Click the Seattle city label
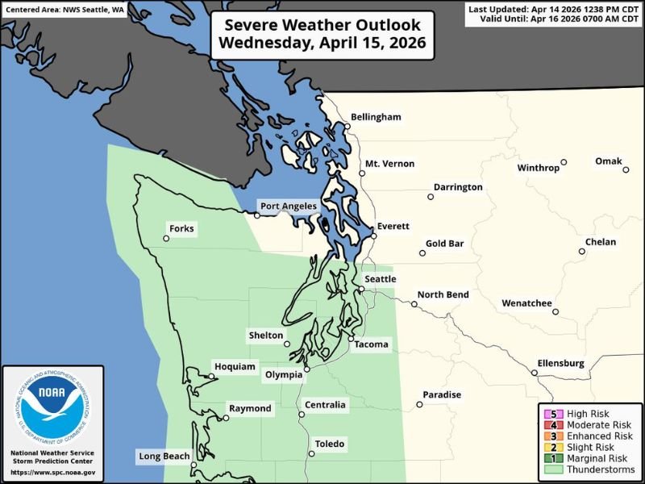click(x=381, y=279)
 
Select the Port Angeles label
click(x=288, y=207)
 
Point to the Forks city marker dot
click(x=166, y=238)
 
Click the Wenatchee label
click(x=526, y=303)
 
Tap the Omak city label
click(x=609, y=161)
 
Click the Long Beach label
click(x=164, y=457)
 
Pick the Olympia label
click(x=284, y=374)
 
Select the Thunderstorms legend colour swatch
click(x=553, y=469)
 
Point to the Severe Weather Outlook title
click(x=322, y=34)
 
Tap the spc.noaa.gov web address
click(x=53, y=473)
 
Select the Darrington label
click(x=458, y=187)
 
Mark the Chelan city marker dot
click(x=582, y=252)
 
